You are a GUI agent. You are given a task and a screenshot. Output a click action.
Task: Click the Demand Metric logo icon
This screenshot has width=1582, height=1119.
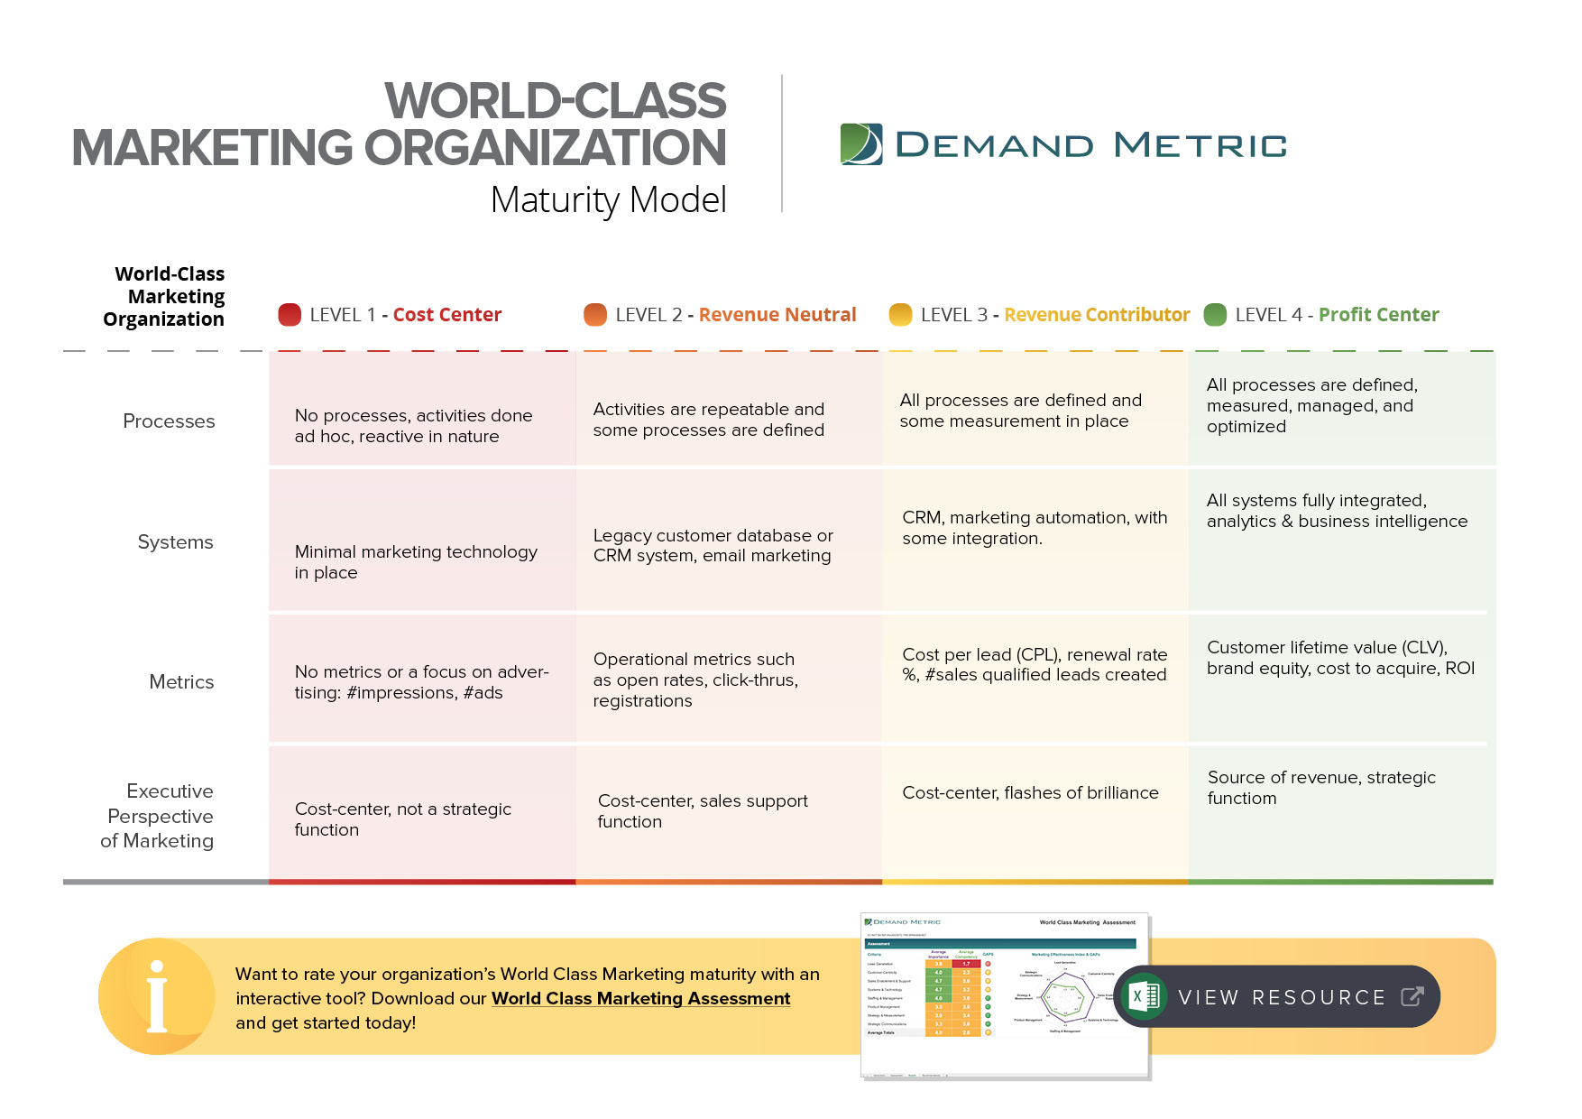tap(861, 144)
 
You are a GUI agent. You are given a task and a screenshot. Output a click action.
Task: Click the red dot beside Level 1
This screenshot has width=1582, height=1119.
tap(290, 314)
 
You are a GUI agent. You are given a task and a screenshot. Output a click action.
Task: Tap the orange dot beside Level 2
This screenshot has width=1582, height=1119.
tap(595, 314)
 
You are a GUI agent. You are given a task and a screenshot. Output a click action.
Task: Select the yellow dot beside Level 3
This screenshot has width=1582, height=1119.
tap(900, 314)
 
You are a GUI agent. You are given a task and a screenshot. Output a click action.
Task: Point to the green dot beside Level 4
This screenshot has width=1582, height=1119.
tap(1215, 314)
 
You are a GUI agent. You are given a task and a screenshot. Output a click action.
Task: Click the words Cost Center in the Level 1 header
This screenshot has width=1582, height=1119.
tap(446, 315)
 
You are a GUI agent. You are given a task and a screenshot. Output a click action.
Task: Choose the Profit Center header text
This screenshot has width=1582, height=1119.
tap(1378, 315)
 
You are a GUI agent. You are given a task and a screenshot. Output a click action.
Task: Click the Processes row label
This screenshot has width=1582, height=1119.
tap(169, 421)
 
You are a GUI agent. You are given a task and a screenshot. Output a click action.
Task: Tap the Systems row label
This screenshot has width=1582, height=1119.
tap(175, 542)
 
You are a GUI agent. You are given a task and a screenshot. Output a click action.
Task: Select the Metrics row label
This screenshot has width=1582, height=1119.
tap(181, 682)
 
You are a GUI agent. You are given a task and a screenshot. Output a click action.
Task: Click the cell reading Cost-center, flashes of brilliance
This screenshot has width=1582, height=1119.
tap(1030, 793)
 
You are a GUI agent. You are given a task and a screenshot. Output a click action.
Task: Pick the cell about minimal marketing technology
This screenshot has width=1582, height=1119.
tap(416, 562)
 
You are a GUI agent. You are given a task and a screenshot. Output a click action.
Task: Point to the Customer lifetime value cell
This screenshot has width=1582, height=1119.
tap(1340, 658)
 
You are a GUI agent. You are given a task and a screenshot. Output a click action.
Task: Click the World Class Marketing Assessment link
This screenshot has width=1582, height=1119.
tap(640, 999)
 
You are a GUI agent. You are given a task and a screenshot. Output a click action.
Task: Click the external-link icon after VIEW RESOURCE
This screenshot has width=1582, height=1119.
tap(1412, 996)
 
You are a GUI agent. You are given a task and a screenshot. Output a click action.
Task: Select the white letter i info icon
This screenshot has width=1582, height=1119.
tap(157, 996)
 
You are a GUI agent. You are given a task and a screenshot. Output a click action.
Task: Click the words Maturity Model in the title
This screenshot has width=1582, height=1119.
tap(608, 200)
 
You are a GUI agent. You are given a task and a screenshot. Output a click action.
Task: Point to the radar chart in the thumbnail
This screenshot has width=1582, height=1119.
tap(1064, 998)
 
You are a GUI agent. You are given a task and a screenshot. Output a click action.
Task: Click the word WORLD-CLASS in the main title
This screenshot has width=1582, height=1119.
tap(555, 100)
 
